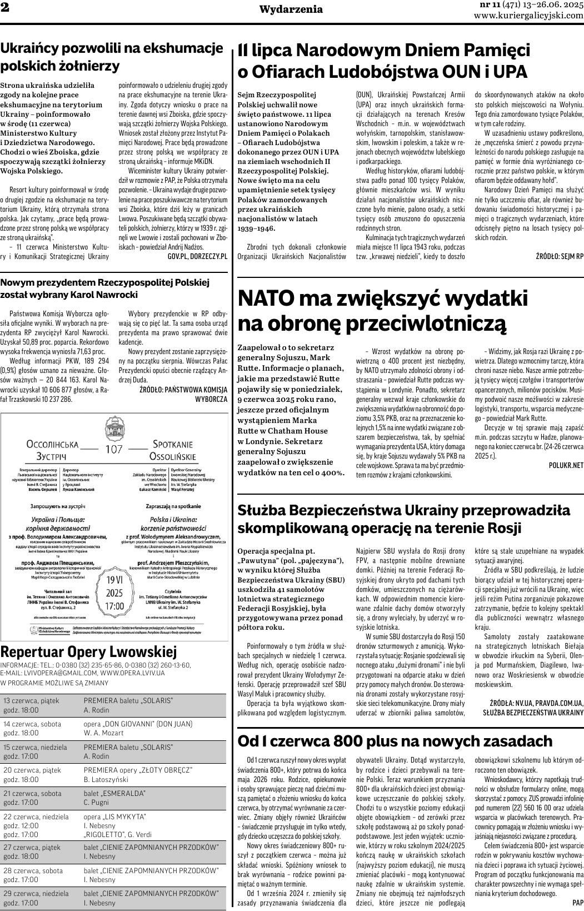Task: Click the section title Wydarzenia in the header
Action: [291, 9]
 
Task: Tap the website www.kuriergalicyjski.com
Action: [528, 16]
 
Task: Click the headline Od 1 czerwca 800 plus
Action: [395, 741]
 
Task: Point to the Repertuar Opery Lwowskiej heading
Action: [88, 651]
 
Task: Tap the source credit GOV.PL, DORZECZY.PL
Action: [197, 256]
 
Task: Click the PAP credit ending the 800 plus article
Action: [577, 903]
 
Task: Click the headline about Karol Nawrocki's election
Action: [105, 288]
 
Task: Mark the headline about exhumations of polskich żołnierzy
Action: [112, 57]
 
